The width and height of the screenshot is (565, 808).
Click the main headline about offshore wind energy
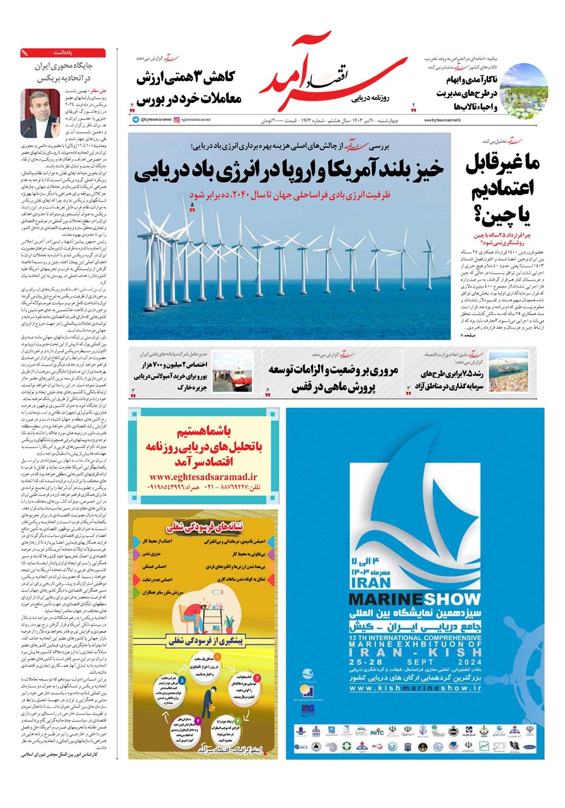tap(289, 171)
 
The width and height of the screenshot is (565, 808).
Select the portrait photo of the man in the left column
tap(39, 113)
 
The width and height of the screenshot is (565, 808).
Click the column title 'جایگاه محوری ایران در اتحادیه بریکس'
tap(62, 72)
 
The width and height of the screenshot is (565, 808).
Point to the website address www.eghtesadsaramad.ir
tap(203, 476)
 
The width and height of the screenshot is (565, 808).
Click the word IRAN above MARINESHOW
tap(371, 582)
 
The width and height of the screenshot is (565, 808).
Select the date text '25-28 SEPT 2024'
tap(415, 663)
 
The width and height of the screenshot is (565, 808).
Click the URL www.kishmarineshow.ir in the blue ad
tap(415, 689)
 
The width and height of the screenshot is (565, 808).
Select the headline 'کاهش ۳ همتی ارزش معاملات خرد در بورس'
tap(189, 88)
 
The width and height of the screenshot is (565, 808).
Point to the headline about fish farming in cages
tap(333, 378)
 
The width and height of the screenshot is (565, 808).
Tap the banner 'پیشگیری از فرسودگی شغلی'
tap(202, 641)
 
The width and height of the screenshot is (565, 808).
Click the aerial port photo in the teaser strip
tap(508, 372)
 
